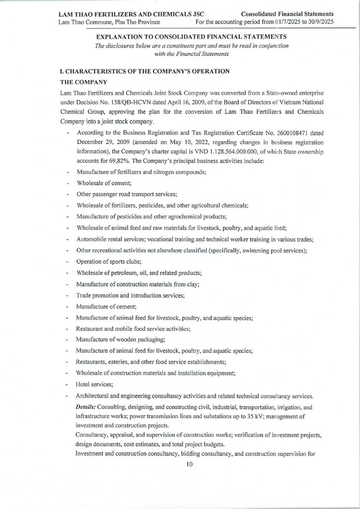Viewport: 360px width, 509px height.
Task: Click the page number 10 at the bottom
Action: click(189, 464)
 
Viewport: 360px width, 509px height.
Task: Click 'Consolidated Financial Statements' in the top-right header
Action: click(287, 14)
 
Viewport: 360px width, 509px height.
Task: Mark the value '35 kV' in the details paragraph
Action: click(253, 417)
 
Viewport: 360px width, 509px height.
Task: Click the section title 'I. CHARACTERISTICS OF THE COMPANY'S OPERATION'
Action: click(145, 71)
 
